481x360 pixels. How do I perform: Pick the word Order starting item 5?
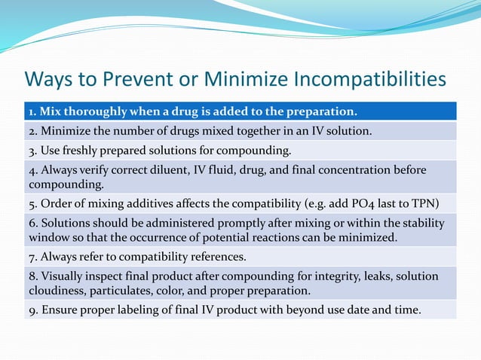tap(52, 203)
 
